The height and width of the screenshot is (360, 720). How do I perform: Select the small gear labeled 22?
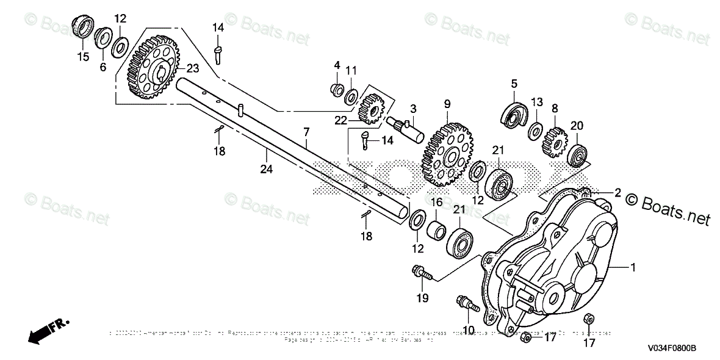[369, 109]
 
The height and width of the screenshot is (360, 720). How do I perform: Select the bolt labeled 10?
[466, 303]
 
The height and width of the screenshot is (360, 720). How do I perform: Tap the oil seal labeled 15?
[83, 28]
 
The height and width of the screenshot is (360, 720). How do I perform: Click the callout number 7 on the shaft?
[306, 131]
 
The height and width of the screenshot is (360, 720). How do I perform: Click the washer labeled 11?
[352, 96]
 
